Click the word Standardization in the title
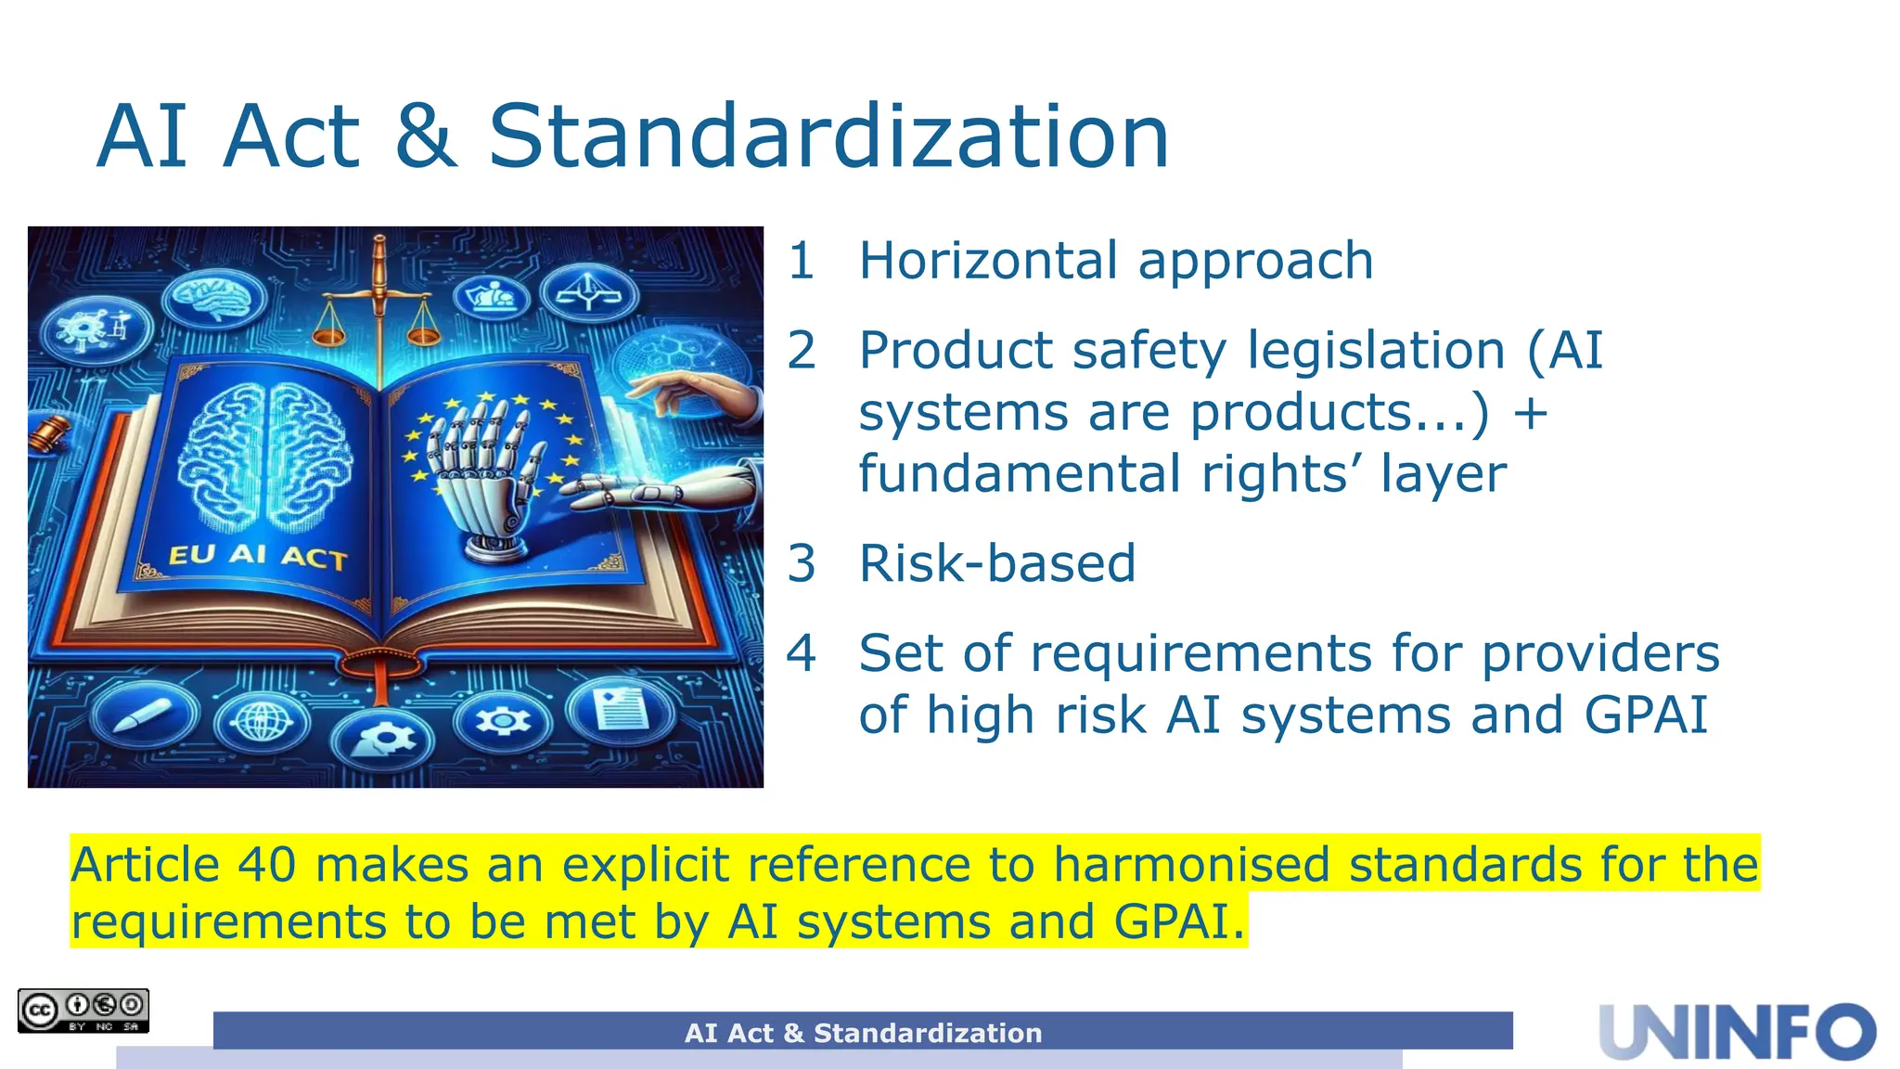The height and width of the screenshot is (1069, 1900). pyautogui.click(x=828, y=137)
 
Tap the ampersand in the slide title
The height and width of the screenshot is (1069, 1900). pyautogui.click(x=426, y=137)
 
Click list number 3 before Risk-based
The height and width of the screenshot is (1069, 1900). pyautogui.click(x=802, y=563)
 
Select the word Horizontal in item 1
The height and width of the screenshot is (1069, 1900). pyautogui.click(x=988, y=261)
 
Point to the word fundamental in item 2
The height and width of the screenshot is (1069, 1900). pyautogui.click(x=1021, y=474)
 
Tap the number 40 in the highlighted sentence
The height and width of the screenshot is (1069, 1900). pyautogui.click(x=267, y=865)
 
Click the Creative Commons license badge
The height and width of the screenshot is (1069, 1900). pyautogui.click(x=83, y=1011)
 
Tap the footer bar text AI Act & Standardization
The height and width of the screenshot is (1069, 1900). pyautogui.click(x=863, y=1033)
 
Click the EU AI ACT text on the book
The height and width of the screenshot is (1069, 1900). pyautogui.click(x=257, y=556)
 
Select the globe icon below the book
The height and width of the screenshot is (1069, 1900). pyautogui.click(x=263, y=721)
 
